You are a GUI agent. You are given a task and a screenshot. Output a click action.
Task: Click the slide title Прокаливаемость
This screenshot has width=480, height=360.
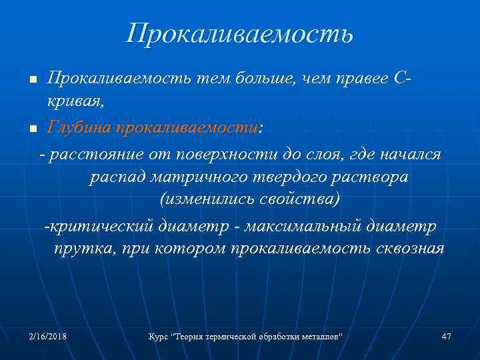(240, 33)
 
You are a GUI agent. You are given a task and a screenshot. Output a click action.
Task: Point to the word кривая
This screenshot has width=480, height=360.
(75, 102)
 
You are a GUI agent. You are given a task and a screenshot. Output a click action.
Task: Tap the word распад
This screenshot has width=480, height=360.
(117, 179)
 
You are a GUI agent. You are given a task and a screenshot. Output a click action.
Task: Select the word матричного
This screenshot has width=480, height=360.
(193, 179)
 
